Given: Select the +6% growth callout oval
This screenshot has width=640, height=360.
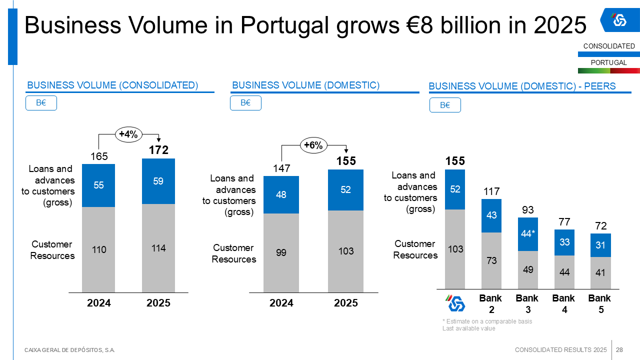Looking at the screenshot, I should click(313, 145).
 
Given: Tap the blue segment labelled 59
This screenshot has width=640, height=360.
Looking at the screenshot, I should click(158, 181).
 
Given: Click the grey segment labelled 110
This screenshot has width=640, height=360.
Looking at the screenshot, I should click(99, 249).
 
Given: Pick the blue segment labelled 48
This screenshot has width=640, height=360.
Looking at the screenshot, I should click(281, 194).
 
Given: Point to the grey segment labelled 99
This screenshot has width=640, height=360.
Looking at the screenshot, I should click(281, 252).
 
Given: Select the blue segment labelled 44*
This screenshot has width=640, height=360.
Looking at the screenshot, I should click(528, 233).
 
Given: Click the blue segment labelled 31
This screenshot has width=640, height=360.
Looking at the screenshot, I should click(600, 245).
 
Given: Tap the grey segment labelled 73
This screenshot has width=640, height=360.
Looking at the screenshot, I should click(491, 260).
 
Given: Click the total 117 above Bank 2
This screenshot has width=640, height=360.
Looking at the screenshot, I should click(491, 191).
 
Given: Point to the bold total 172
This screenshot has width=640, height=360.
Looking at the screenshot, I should click(158, 149).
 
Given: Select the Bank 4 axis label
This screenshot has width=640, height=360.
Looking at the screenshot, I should click(563, 303).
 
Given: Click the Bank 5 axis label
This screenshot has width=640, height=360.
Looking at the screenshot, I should click(600, 303).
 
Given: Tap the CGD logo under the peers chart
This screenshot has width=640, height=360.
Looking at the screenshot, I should click(455, 303).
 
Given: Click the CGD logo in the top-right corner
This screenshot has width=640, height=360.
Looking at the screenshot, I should click(619, 20).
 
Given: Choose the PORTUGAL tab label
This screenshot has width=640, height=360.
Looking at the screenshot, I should click(608, 62).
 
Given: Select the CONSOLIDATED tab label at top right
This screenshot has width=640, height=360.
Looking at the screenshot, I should click(608, 46).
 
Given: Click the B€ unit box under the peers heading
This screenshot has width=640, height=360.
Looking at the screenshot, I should click(445, 105).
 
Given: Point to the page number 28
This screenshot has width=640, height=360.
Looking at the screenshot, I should click(619, 349).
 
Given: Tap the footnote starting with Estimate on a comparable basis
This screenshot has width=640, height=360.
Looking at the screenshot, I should click(487, 321).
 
